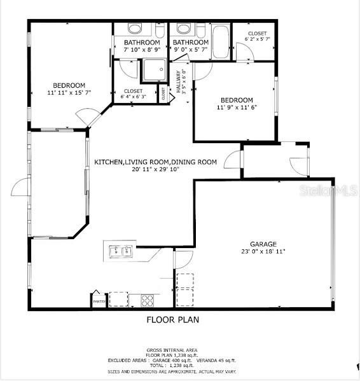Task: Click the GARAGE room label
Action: (263, 244)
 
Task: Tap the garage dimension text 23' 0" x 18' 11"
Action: (263, 252)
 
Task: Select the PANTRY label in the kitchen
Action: (99, 301)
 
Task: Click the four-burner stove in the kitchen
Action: (147, 300)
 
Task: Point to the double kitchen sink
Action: (121, 251)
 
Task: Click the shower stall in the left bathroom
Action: (153, 71)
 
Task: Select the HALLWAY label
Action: (179, 81)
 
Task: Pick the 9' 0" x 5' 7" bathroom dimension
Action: (191, 50)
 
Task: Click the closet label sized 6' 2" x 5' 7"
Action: (257, 39)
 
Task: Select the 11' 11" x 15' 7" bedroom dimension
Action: (69, 94)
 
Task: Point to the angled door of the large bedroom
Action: (88, 117)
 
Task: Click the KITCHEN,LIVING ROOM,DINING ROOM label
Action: (156, 162)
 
